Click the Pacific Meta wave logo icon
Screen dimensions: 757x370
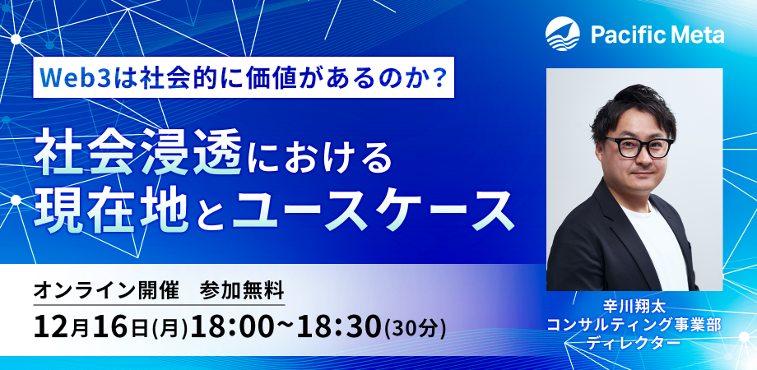[x=563, y=33]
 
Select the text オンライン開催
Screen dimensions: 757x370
[x=106, y=291]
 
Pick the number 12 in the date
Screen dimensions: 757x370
[x=52, y=326]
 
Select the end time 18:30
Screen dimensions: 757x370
[x=339, y=326]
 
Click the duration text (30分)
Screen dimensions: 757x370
[x=415, y=328]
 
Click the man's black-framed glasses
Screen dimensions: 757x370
[x=639, y=146]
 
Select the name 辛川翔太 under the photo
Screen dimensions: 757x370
[x=634, y=306]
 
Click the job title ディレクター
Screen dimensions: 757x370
[x=634, y=342]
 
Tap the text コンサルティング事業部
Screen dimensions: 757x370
[x=634, y=324]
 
